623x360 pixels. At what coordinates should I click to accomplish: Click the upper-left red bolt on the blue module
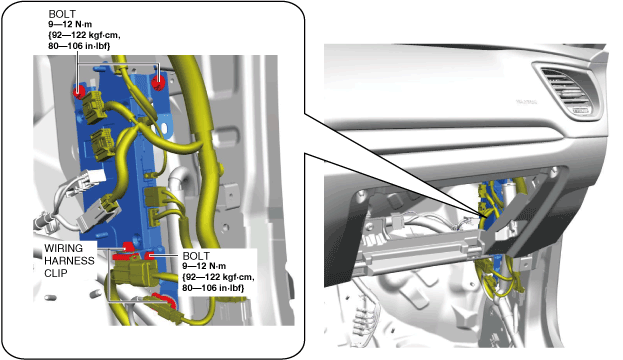79,92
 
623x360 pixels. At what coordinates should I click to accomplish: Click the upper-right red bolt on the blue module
158,83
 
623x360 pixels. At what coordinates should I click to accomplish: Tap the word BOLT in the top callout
62,14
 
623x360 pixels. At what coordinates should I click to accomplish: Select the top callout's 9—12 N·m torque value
70,24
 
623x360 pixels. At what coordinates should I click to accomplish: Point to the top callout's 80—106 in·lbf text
79,46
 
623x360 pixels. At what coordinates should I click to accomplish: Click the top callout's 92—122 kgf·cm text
84,35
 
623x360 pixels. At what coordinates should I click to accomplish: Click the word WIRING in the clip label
64,248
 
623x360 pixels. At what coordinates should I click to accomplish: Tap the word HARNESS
70,261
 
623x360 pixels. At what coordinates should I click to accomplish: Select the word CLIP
56,273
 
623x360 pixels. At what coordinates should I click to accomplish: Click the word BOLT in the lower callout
196,255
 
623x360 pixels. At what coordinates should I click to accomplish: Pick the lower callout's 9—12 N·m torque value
204,266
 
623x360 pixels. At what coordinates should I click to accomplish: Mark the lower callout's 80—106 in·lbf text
213,288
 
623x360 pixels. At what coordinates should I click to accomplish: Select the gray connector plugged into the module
97,216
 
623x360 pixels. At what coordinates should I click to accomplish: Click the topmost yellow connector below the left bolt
93,106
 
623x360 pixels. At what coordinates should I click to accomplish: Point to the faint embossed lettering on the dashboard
526,102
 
